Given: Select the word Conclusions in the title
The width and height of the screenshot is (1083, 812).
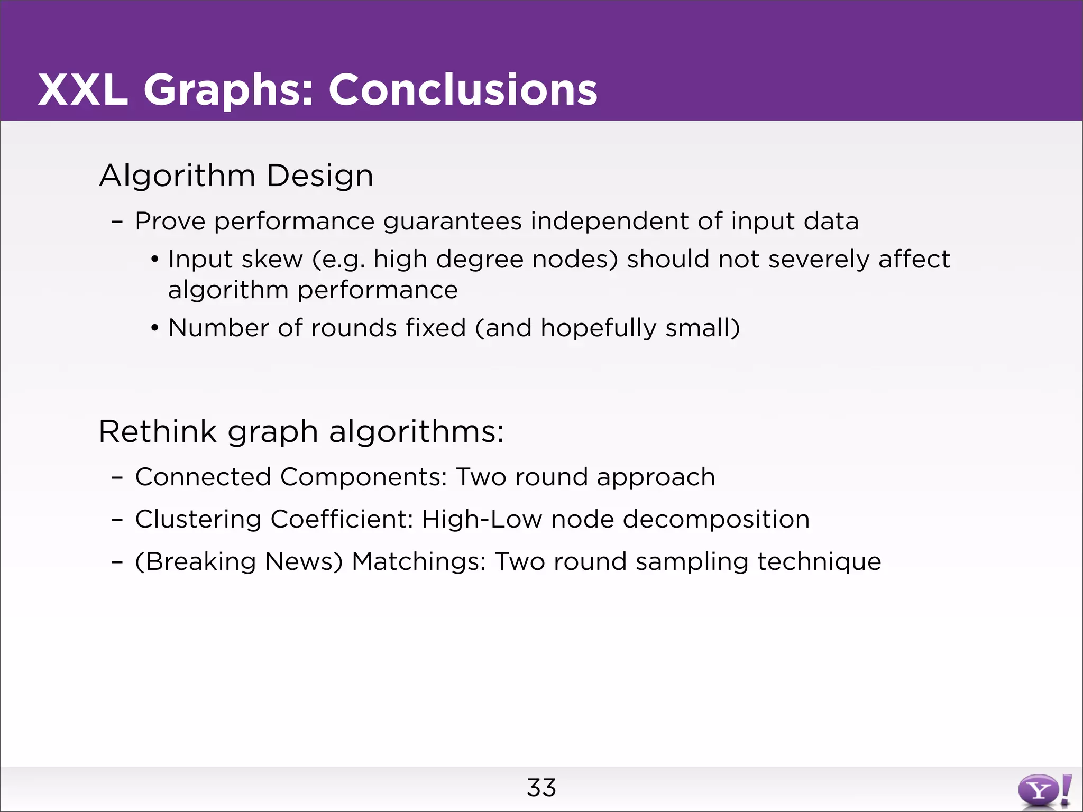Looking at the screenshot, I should tap(463, 90).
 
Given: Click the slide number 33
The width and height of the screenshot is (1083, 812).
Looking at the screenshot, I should tap(541, 788).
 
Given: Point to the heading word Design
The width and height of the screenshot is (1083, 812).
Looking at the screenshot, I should tap(320, 176).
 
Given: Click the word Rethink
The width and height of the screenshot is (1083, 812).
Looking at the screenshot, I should tap(158, 431).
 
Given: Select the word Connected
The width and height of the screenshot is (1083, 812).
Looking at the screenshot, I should tap(204, 477).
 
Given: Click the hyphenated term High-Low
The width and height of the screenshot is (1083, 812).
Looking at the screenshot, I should tap(482, 520).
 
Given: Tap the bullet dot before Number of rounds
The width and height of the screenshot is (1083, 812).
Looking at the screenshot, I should tap(154, 328).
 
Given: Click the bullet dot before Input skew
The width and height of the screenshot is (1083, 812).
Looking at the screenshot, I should tap(154, 260).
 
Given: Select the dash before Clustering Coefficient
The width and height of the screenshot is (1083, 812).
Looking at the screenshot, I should tap(117, 520).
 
